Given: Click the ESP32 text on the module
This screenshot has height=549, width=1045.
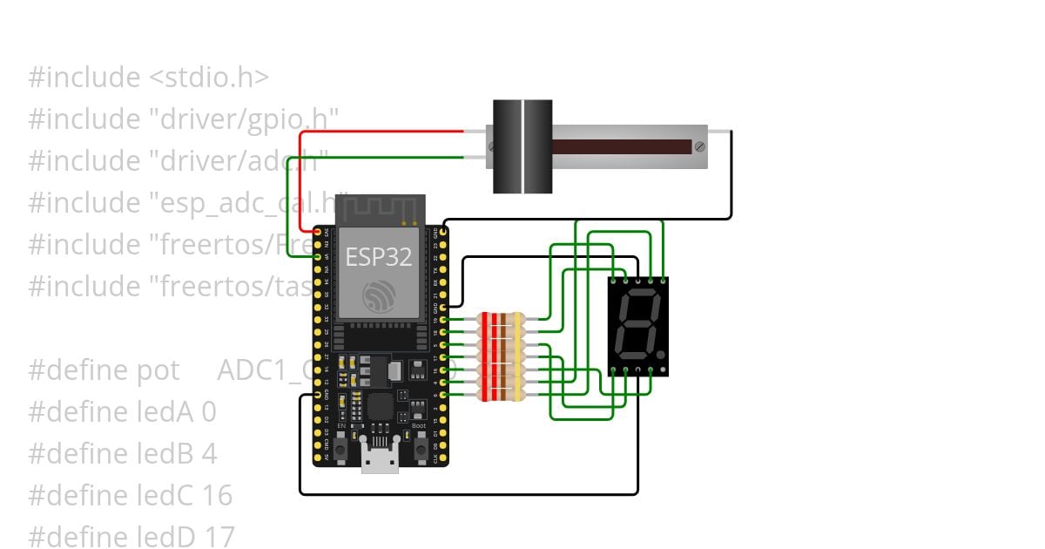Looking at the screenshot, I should [379, 258].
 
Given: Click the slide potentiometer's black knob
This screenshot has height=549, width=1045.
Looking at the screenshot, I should [522, 146].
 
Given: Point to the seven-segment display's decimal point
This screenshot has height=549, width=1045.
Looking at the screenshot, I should [661, 356].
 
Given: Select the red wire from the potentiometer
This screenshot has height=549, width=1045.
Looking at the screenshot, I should [383, 132].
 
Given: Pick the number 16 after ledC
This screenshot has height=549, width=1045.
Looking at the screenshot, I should [218, 496].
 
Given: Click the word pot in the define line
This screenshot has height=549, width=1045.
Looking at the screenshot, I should [158, 369].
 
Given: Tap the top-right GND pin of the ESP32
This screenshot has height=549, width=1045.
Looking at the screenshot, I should [444, 233].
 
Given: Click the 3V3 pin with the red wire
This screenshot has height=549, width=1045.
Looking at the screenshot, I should [317, 233].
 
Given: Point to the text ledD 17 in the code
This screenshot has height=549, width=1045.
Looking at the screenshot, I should [173, 537].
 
